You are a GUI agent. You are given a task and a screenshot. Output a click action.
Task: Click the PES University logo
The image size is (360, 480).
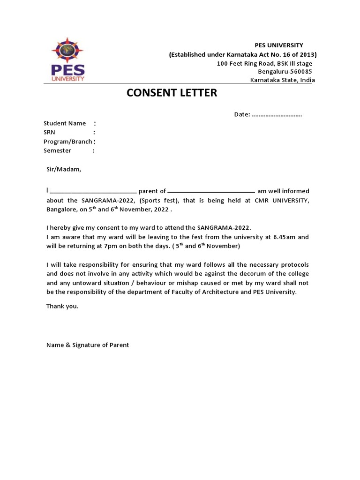click(67, 61)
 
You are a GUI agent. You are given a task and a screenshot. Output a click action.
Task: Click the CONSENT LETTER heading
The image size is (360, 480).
click(172, 93)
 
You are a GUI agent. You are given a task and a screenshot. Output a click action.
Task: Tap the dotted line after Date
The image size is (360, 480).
click(277, 115)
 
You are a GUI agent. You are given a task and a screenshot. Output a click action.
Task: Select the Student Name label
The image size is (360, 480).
click(65, 123)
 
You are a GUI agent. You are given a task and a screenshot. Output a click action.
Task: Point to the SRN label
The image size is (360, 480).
click(49, 133)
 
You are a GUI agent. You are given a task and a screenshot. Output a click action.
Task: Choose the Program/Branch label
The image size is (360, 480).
click(68, 142)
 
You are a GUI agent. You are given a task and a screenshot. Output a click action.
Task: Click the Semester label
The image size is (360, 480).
click(57, 150)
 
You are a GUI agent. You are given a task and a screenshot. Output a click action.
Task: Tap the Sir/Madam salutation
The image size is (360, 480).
click(64, 169)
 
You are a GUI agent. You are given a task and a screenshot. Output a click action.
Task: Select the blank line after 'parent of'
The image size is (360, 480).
click(211, 192)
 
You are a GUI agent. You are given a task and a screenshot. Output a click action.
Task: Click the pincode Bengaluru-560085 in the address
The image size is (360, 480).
click(285, 72)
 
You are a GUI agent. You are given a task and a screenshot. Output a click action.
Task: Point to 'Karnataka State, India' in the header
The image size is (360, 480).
click(283, 80)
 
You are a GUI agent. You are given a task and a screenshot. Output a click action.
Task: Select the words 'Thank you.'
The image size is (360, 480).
click(62, 306)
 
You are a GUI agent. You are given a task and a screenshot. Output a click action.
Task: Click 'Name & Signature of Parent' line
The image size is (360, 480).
click(88, 345)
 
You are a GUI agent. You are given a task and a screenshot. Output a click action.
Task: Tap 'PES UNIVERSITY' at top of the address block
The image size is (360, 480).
click(279, 45)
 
